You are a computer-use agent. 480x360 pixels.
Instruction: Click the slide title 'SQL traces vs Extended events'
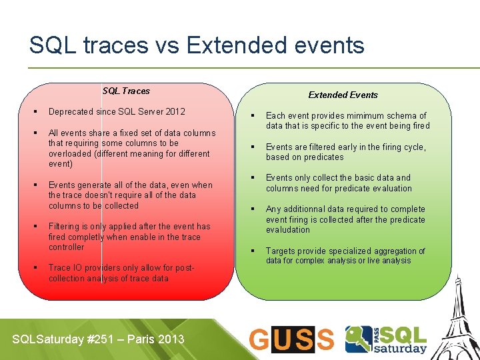(197, 45)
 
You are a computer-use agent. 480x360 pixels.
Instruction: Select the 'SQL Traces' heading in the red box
(126, 91)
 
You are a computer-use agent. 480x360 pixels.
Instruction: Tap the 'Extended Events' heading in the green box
(343, 95)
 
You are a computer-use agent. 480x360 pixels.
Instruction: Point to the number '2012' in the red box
(175, 111)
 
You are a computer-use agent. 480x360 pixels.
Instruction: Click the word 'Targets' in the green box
(281, 251)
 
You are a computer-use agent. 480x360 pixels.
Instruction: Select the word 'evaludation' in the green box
(288, 229)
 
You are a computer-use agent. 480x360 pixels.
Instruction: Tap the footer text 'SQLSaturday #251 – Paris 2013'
(98, 339)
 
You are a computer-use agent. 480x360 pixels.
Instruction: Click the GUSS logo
(291, 339)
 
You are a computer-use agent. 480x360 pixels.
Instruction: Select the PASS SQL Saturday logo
(386, 339)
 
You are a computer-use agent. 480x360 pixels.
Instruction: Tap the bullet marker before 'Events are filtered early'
(252, 147)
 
